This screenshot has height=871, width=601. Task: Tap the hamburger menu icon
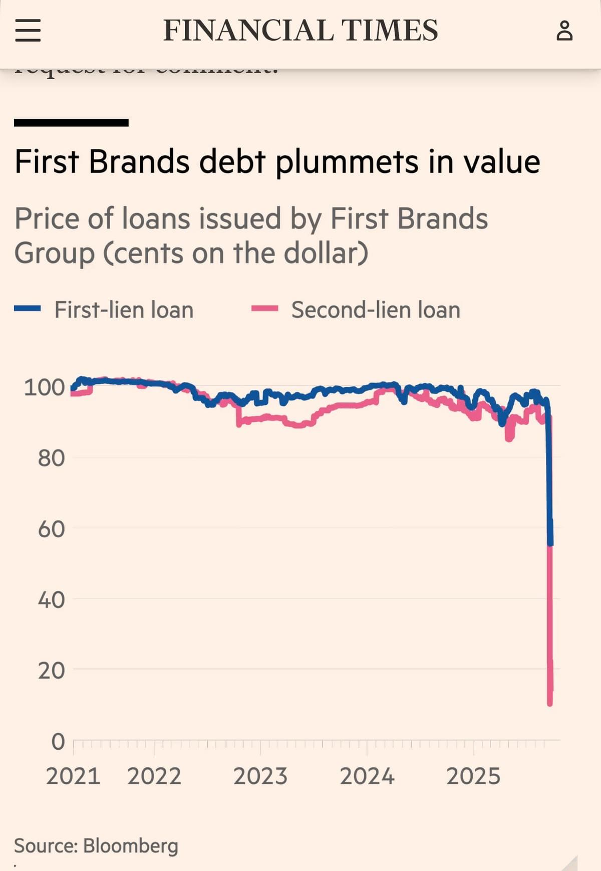[28, 30]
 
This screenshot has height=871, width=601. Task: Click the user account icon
[564, 31]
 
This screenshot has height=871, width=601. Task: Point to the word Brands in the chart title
[140, 162]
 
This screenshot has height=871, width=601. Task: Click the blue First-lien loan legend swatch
[27, 309]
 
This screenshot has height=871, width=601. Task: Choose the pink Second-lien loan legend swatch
[264, 309]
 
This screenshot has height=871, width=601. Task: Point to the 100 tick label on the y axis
[45, 387]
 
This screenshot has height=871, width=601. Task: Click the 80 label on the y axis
[51, 458]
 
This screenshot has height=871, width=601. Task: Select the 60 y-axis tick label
[51, 529]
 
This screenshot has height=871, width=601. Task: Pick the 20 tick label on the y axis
[51, 670]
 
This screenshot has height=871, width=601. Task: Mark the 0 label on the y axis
[58, 741]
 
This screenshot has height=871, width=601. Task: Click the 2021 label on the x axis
[73, 776]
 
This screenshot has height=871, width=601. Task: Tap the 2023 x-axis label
[260, 776]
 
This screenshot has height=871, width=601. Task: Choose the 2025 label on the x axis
[473, 776]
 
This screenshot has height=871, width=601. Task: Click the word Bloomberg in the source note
[131, 846]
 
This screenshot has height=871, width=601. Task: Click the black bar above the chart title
[71, 123]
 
